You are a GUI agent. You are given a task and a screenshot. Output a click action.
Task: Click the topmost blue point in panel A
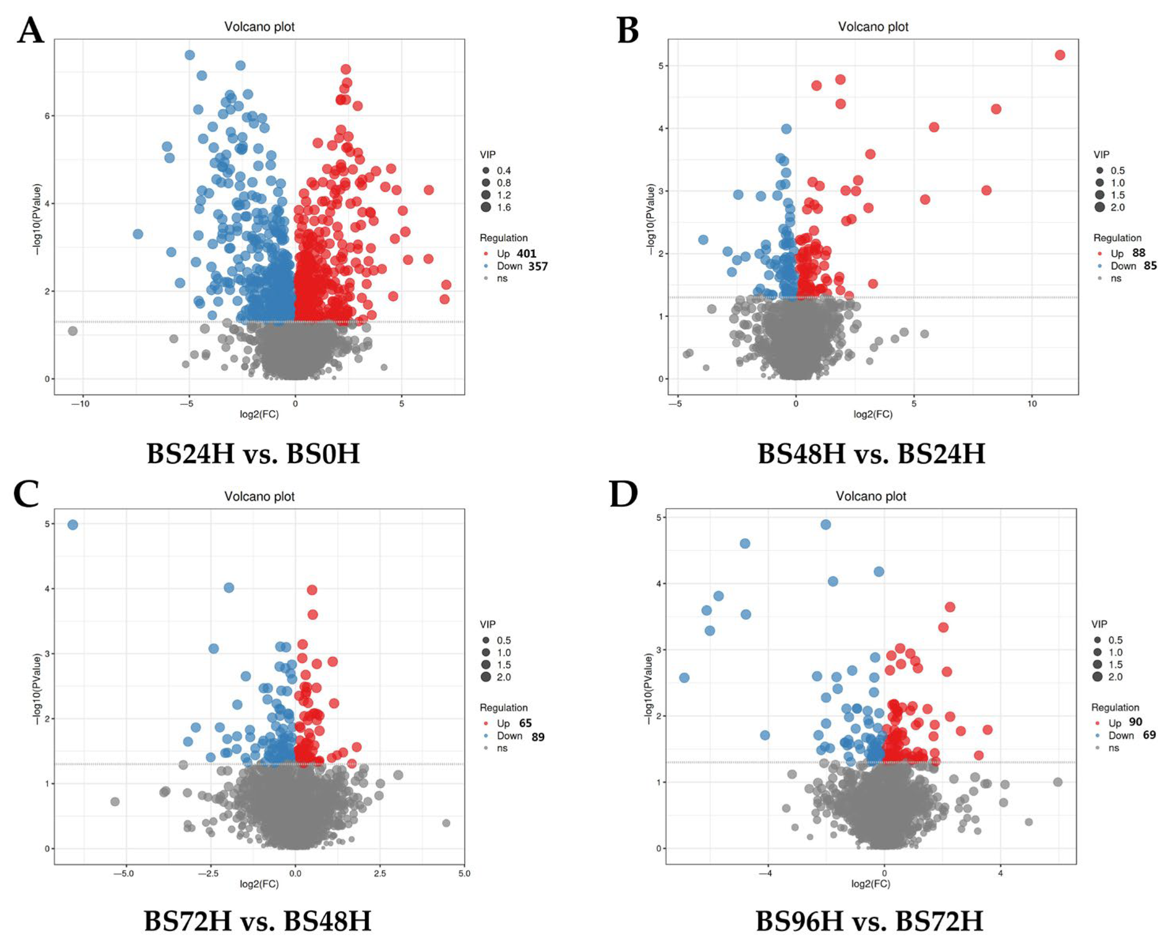(x=190, y=55)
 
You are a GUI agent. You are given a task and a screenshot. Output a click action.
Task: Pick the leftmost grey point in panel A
(x=73, y=330)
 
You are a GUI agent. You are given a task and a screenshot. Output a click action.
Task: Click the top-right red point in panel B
(x=1060, y=55)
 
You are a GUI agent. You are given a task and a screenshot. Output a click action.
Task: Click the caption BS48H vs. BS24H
(x=871, y=453)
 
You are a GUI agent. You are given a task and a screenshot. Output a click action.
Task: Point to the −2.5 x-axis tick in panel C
(x=211, y=873)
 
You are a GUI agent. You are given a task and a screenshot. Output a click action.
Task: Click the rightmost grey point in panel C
(x=446, y=822)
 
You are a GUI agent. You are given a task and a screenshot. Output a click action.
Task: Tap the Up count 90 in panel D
(x=1135, y=722)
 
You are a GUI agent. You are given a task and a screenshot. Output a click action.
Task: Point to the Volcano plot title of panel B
(x=873, y=27)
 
